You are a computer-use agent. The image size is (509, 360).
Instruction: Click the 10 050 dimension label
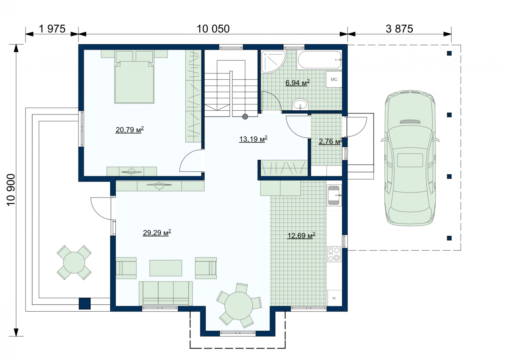(x=213, y=29)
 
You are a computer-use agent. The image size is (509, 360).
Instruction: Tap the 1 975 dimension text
(x=52, y=29)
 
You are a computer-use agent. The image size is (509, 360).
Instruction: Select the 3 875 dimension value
(x=399, y=29)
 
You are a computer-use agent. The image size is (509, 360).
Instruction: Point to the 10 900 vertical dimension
(x=11, y=190)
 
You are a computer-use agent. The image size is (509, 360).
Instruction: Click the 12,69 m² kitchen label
(x=301, y=235)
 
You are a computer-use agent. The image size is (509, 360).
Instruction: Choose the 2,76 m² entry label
(x=330, y=142)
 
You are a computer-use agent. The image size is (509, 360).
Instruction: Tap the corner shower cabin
(x=273, y=62)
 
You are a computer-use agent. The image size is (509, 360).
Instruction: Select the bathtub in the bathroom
(x=319, y=59)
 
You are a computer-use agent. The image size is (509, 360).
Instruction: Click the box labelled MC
(x=334, y=79)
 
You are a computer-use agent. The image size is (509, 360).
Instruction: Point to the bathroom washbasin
(x=300, y=104)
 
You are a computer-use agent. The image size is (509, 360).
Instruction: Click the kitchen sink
(x=334, y=195)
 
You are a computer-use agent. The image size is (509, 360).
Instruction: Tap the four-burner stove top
(x=334, y=254)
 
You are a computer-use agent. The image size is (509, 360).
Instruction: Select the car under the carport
(x=410, y=158)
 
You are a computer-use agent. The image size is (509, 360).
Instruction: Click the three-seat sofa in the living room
(x=166, y=293)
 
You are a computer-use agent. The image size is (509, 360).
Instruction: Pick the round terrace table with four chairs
(x=74, y=262)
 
